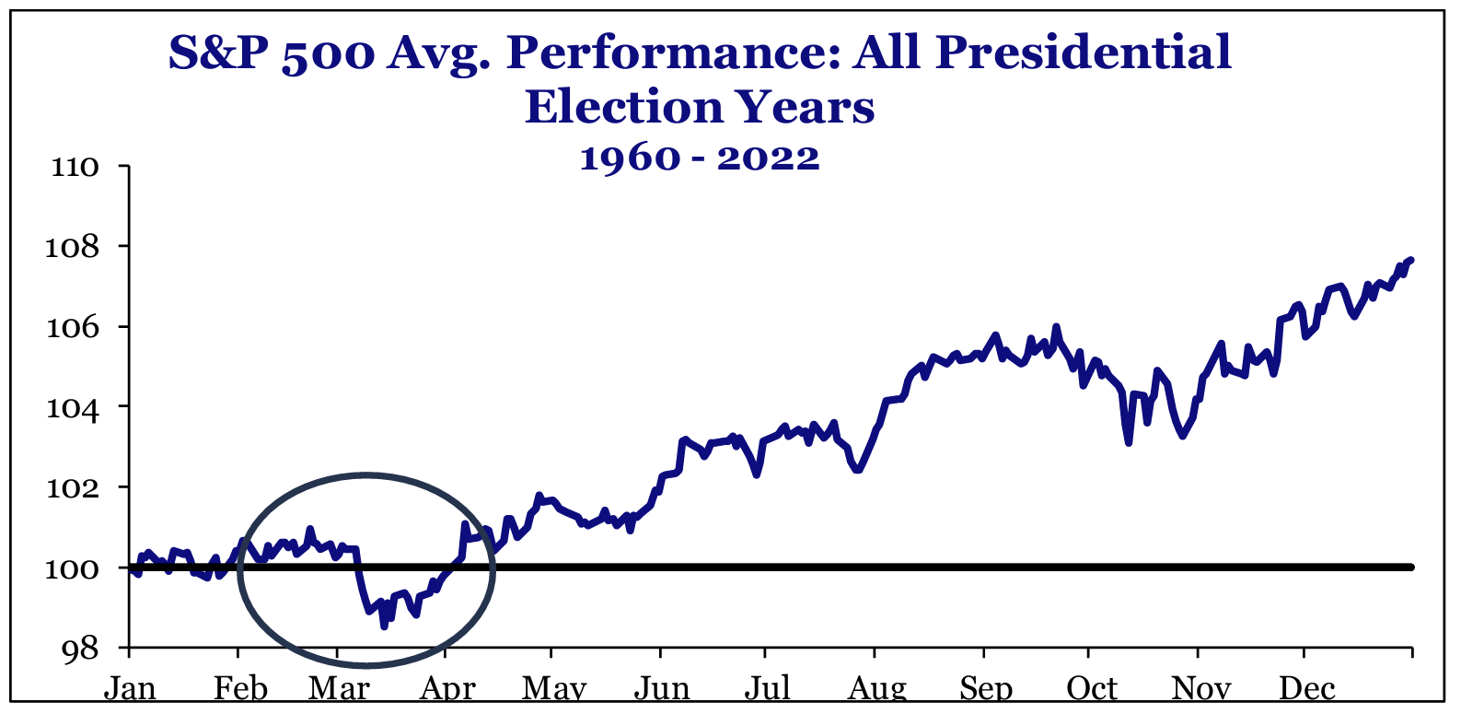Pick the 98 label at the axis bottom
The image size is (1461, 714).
tap(80, 650)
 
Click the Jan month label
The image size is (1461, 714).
tap(130, 689)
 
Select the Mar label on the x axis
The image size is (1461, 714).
tap(340, 689)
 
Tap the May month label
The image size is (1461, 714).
tap(554, 689)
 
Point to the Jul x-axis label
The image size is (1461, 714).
tap(767, 689)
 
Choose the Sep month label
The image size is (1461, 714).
tap(986, 689)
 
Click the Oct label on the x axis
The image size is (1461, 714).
tap(1092, 689)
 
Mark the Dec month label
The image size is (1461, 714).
tap(1307, 689)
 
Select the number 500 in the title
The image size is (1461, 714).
tap(328, 54)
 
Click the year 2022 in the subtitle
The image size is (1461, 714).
tap(769, 158)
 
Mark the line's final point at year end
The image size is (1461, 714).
tap(1411, 260)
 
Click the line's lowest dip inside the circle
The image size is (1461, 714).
tap(384, 626)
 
